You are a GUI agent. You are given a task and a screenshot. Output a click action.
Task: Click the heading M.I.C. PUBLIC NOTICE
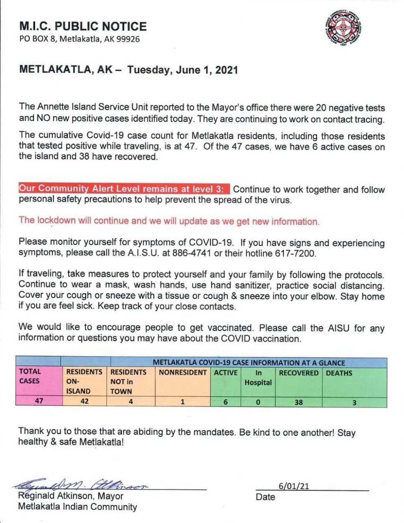83,26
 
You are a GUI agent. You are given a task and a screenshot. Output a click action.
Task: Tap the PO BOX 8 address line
79,39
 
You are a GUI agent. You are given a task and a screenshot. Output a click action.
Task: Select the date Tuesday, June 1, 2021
182,70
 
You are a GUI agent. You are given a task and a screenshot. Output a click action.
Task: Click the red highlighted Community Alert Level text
124,189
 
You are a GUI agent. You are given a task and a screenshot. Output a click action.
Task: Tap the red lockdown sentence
169,221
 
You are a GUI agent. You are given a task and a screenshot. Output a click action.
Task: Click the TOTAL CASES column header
30,376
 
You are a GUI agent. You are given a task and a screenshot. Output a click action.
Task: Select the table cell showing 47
39,401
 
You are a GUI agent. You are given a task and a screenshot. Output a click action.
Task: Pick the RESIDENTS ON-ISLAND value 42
84,401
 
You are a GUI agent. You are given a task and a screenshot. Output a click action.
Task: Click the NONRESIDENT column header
183,372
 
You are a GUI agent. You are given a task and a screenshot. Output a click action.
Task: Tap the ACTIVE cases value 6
225,402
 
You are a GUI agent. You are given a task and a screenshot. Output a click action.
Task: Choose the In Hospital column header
258,377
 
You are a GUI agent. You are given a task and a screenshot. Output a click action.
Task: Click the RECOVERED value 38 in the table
299,403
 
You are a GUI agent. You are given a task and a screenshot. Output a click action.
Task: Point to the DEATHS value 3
354,403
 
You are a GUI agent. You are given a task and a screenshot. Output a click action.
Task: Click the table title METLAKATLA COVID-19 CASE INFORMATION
249,363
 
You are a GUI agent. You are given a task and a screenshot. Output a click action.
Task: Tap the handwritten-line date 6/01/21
294,486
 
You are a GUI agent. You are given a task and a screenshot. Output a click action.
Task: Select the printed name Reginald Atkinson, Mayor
71,496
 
